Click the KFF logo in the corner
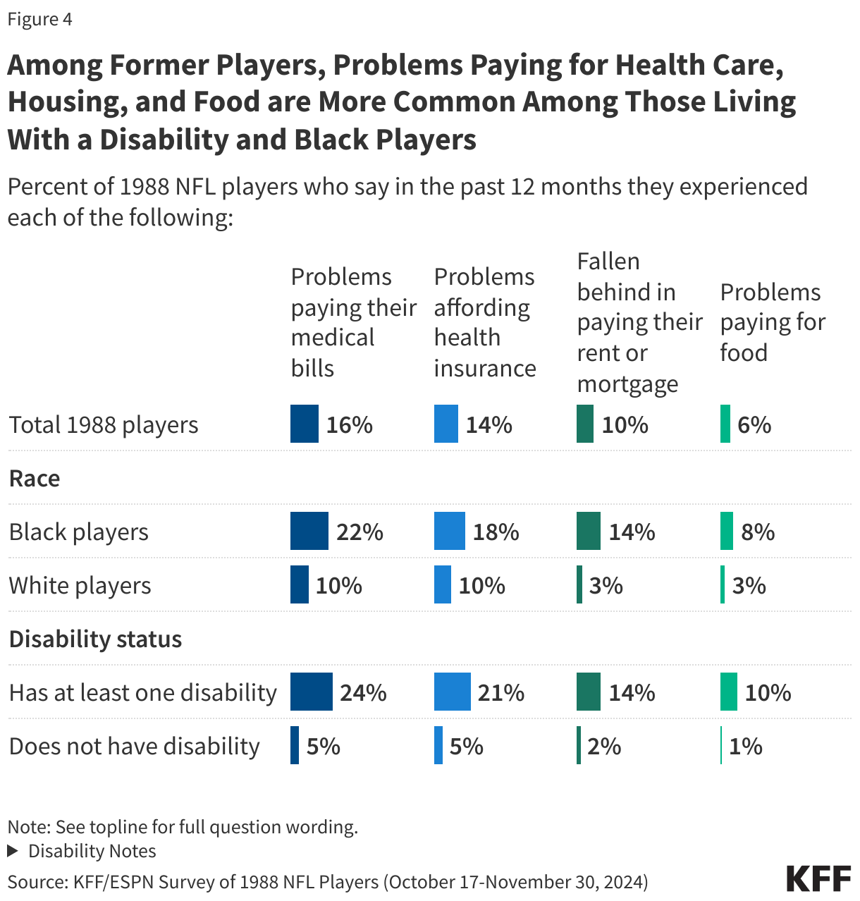[818, 878]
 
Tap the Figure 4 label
[39, 19]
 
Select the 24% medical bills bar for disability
[311, 692]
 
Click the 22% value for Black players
[360, 532]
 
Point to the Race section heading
[35, 478]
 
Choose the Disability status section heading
[95, 639]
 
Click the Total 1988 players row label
[104, 425]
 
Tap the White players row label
[80, 585]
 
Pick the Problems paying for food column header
[773, 322]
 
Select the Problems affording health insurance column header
[485, 322]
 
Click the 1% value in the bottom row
[745, 746]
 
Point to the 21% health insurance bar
[452, 692]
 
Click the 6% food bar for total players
[725, 424]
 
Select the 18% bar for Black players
[449, 532]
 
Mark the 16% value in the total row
[349, 425]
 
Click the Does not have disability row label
[134, 746]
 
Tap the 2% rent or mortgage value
[604, 746]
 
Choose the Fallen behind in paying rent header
[639, 322]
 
